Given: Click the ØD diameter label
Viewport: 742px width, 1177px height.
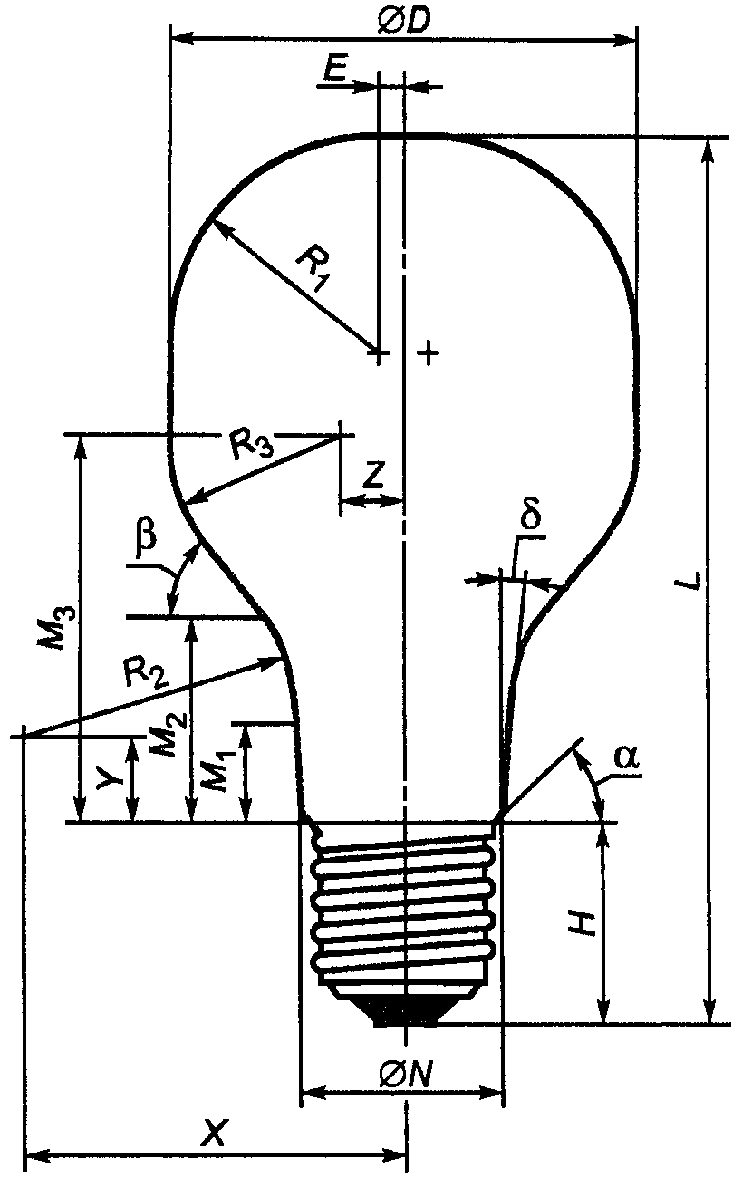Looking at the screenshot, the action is [x=404, y=21].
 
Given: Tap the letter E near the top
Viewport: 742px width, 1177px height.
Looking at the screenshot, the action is [x=334, y=70].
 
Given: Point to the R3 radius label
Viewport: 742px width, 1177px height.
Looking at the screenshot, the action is [x=252, y=445].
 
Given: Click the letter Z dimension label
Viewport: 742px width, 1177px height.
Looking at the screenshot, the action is [x=373, y=475].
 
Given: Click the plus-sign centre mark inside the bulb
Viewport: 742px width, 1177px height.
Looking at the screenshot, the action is [x=429, y=352].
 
